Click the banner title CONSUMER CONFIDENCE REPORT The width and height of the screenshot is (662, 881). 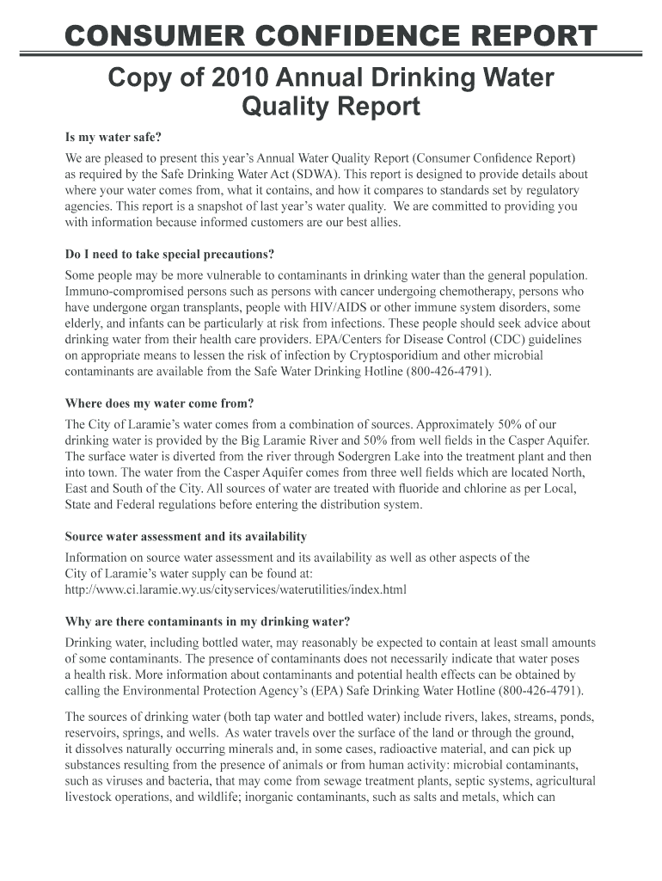331,37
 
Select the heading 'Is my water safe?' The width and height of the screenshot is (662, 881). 113,138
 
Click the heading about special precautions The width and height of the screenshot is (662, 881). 170,255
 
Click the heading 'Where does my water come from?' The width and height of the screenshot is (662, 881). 160,404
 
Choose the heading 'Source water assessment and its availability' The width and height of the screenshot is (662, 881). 187,537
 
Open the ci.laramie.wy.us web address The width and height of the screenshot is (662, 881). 236,589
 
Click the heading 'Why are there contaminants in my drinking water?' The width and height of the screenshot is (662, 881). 208,621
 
